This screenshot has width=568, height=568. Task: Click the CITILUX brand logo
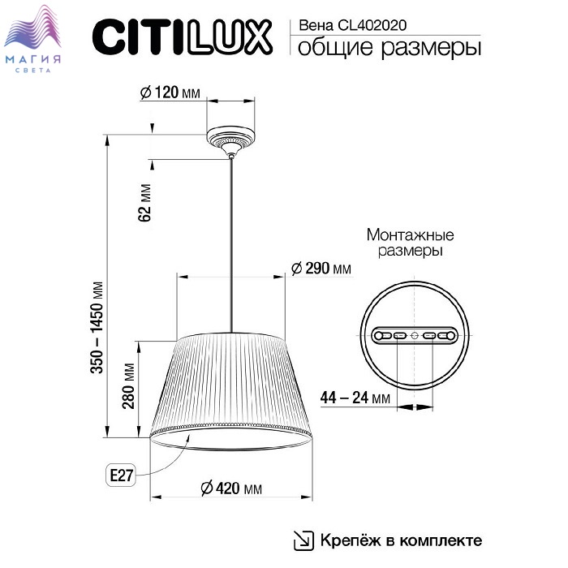click(x=183, y=37)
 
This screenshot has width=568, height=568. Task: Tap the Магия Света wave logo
click(x=33, y=38)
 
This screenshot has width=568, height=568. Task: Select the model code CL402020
click(x=372, y=25)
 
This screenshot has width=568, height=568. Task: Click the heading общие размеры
click(x=389, y=48)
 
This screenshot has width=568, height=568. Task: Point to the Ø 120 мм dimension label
click(x=170, y=93)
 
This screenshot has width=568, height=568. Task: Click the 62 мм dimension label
click(x=144, y=203)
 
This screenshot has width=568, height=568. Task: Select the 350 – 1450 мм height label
click(x=97, y=327)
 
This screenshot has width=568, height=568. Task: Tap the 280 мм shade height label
click(x=128, y=385)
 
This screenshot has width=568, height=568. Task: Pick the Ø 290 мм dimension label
click(x=321, y=269)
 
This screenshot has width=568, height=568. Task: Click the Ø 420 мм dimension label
click(x=231, y=488)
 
